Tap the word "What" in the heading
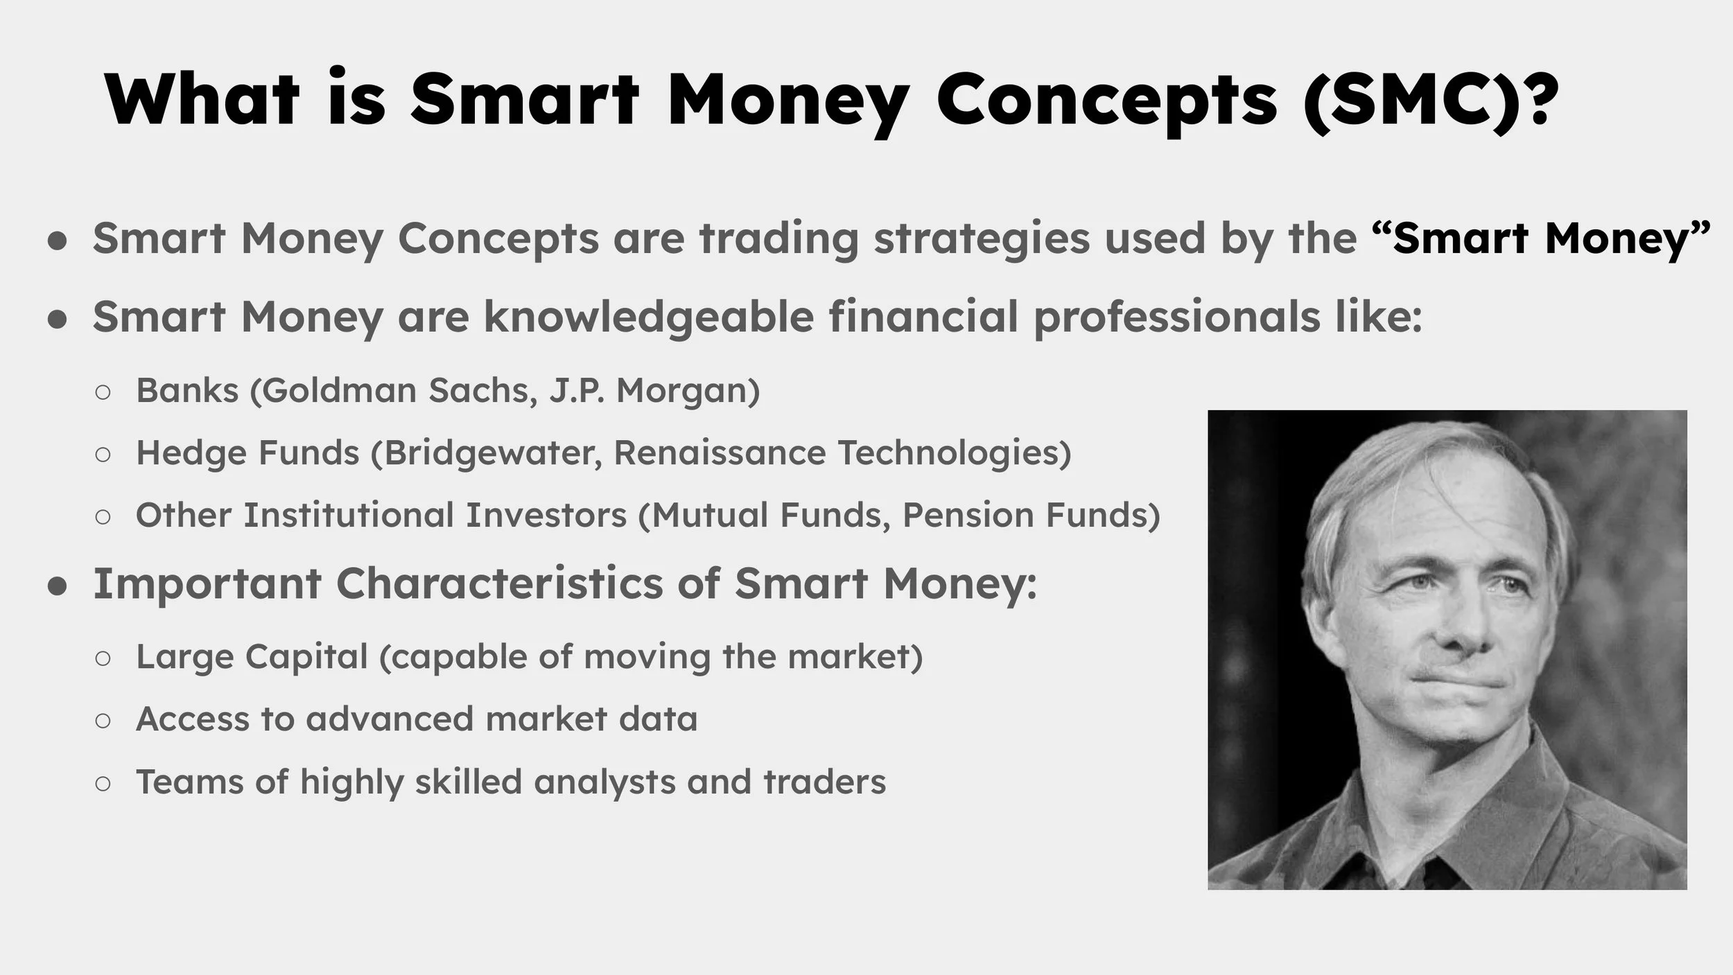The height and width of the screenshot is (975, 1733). pos(202,100)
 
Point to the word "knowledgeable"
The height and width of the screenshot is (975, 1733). pos(649,317)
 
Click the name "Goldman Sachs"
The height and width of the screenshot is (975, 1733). pos(399,390)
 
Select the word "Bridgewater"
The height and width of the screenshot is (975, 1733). pos(492,453)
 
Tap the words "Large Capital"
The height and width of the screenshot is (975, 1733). pos(252,657)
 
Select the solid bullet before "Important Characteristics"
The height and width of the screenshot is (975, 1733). pos(58,586)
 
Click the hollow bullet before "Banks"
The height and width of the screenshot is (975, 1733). pos(103,392)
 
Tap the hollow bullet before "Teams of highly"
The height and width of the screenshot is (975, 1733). pos(103,784)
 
